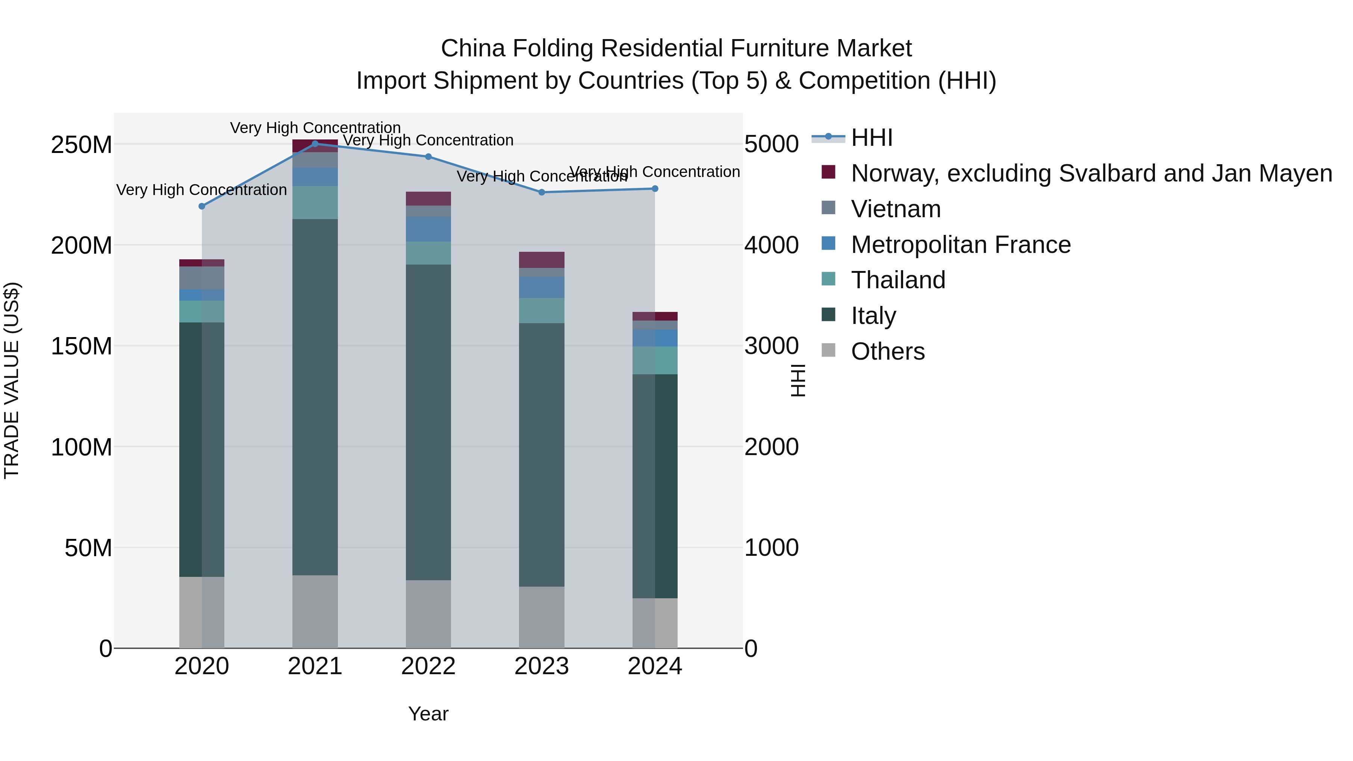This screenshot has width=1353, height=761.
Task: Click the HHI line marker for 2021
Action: pyautogui.click(x=315, y=144)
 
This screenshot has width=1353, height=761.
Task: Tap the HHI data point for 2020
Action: pyautogui.click(x=202, y=206)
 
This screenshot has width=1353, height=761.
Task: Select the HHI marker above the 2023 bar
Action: pyautogui.click(x=542, y=192)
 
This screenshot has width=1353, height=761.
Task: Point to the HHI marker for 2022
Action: pyautogui.click(x=428, y=156)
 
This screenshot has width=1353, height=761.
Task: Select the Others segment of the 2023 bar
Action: pyautogui.click(x=542, y=617)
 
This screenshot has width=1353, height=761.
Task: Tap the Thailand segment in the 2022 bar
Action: pyautogui.click(x=428, y=253)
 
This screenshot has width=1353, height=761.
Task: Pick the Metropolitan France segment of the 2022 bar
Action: pyautogui.click(x=428, y=229)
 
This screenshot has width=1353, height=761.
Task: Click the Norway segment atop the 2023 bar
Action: pyautogui.click(x=542, y=260)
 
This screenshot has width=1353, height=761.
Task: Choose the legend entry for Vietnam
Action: pyautogui.click(x=896, y=209)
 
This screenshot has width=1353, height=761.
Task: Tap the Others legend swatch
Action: pyautogui.click(x=828, y=350)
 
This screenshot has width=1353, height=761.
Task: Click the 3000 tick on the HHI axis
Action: pyautogui.click(x=772, y=346)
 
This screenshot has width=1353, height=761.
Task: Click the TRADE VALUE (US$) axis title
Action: pyautogui.click(x=12, y=380)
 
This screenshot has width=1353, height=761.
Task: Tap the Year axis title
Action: pyautogui.click(x=428, y=714)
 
